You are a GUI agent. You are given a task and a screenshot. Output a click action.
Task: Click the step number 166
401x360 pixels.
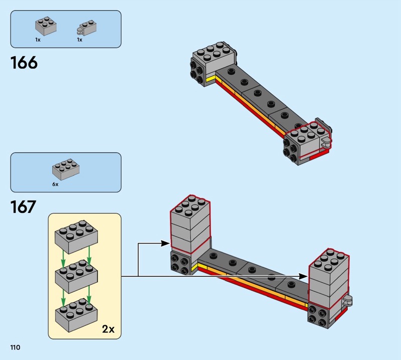[24, 63]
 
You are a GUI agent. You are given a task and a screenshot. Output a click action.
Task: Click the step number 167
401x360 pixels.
[24, 207]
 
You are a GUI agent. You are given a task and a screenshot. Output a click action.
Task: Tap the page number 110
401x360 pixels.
[14, 347]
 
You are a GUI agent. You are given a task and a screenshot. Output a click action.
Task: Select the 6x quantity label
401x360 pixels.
[55, 185]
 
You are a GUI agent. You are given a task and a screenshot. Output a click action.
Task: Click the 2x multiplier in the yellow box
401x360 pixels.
[108, 329]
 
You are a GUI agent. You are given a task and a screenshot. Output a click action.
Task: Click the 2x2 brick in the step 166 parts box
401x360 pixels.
[45, 27]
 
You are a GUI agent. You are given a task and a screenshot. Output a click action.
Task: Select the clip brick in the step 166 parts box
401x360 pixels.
[86, 28]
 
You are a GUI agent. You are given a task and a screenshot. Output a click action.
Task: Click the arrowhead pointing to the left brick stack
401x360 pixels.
[166, 244]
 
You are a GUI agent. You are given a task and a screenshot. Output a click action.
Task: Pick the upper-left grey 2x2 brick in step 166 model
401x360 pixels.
[213, 58]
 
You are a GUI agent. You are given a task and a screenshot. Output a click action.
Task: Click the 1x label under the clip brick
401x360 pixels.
[79, 40]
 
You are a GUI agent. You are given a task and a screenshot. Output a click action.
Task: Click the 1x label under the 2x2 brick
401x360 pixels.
[38, 40]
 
